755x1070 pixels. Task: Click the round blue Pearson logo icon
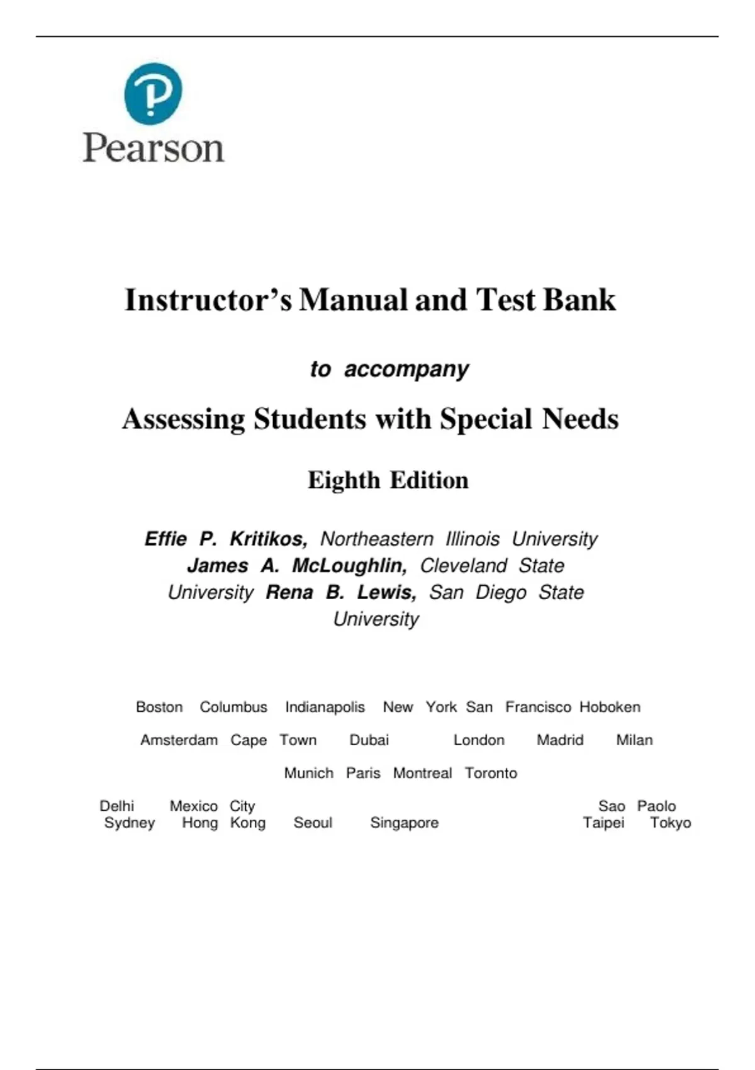(x=153, y=93)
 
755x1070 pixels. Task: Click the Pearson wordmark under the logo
(x=154, y=149)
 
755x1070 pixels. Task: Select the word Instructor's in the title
(x=208, y=300)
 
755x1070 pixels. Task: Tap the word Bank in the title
(x=579, y=300)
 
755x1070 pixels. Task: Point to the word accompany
(x=406, y=369)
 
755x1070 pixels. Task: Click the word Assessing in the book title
(x=184, y=419)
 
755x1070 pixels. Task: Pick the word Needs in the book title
(x=580, y=419)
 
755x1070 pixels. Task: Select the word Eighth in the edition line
(x=344, y=480)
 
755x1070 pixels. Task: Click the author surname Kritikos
(x=268, y=539)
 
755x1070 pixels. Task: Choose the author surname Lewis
(x=386, y=592)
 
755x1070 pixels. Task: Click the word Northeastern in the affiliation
(x=377, y=539)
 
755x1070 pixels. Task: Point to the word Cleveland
(x=463, y=565)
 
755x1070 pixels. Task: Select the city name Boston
(x=159, y=707)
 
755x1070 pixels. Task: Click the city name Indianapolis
(x=325, y=707)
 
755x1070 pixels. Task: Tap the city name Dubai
(x=369, y=740)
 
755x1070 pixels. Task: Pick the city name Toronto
(x=491, y=773)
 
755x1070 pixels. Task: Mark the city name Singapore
(x=404, y=823)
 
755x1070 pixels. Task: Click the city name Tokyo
(x=670, y=823)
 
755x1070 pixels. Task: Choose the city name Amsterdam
(x=179, y=740)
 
